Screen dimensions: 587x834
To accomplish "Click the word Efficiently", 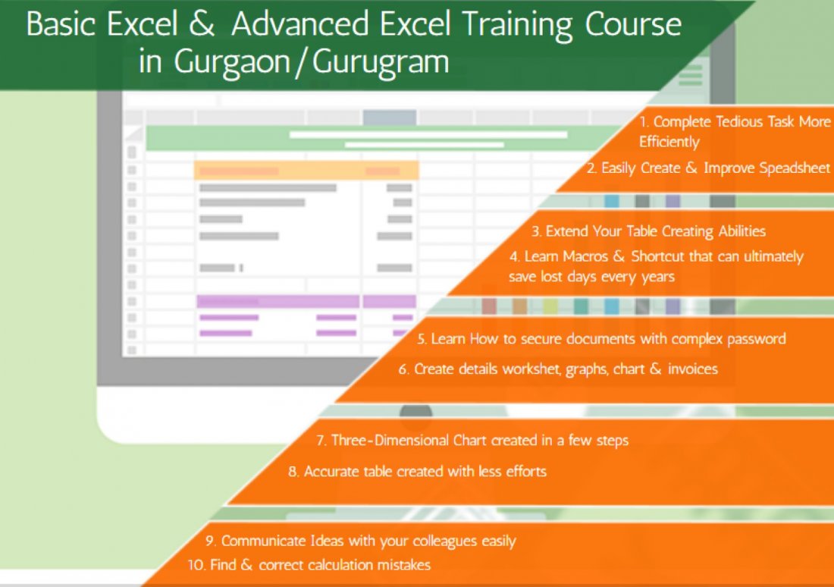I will tap(669, 142).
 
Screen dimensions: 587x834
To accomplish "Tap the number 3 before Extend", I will tap(535, 231).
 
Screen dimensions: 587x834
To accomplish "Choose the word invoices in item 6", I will tap(692, 369).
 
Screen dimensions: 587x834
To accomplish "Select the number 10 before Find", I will tap(195, 565).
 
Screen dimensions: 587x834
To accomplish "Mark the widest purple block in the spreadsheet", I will tap(277, 301).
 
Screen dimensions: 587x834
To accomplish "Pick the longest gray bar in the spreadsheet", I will tap(268, 187).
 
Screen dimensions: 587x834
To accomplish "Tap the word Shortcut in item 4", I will tap(659, 256).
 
